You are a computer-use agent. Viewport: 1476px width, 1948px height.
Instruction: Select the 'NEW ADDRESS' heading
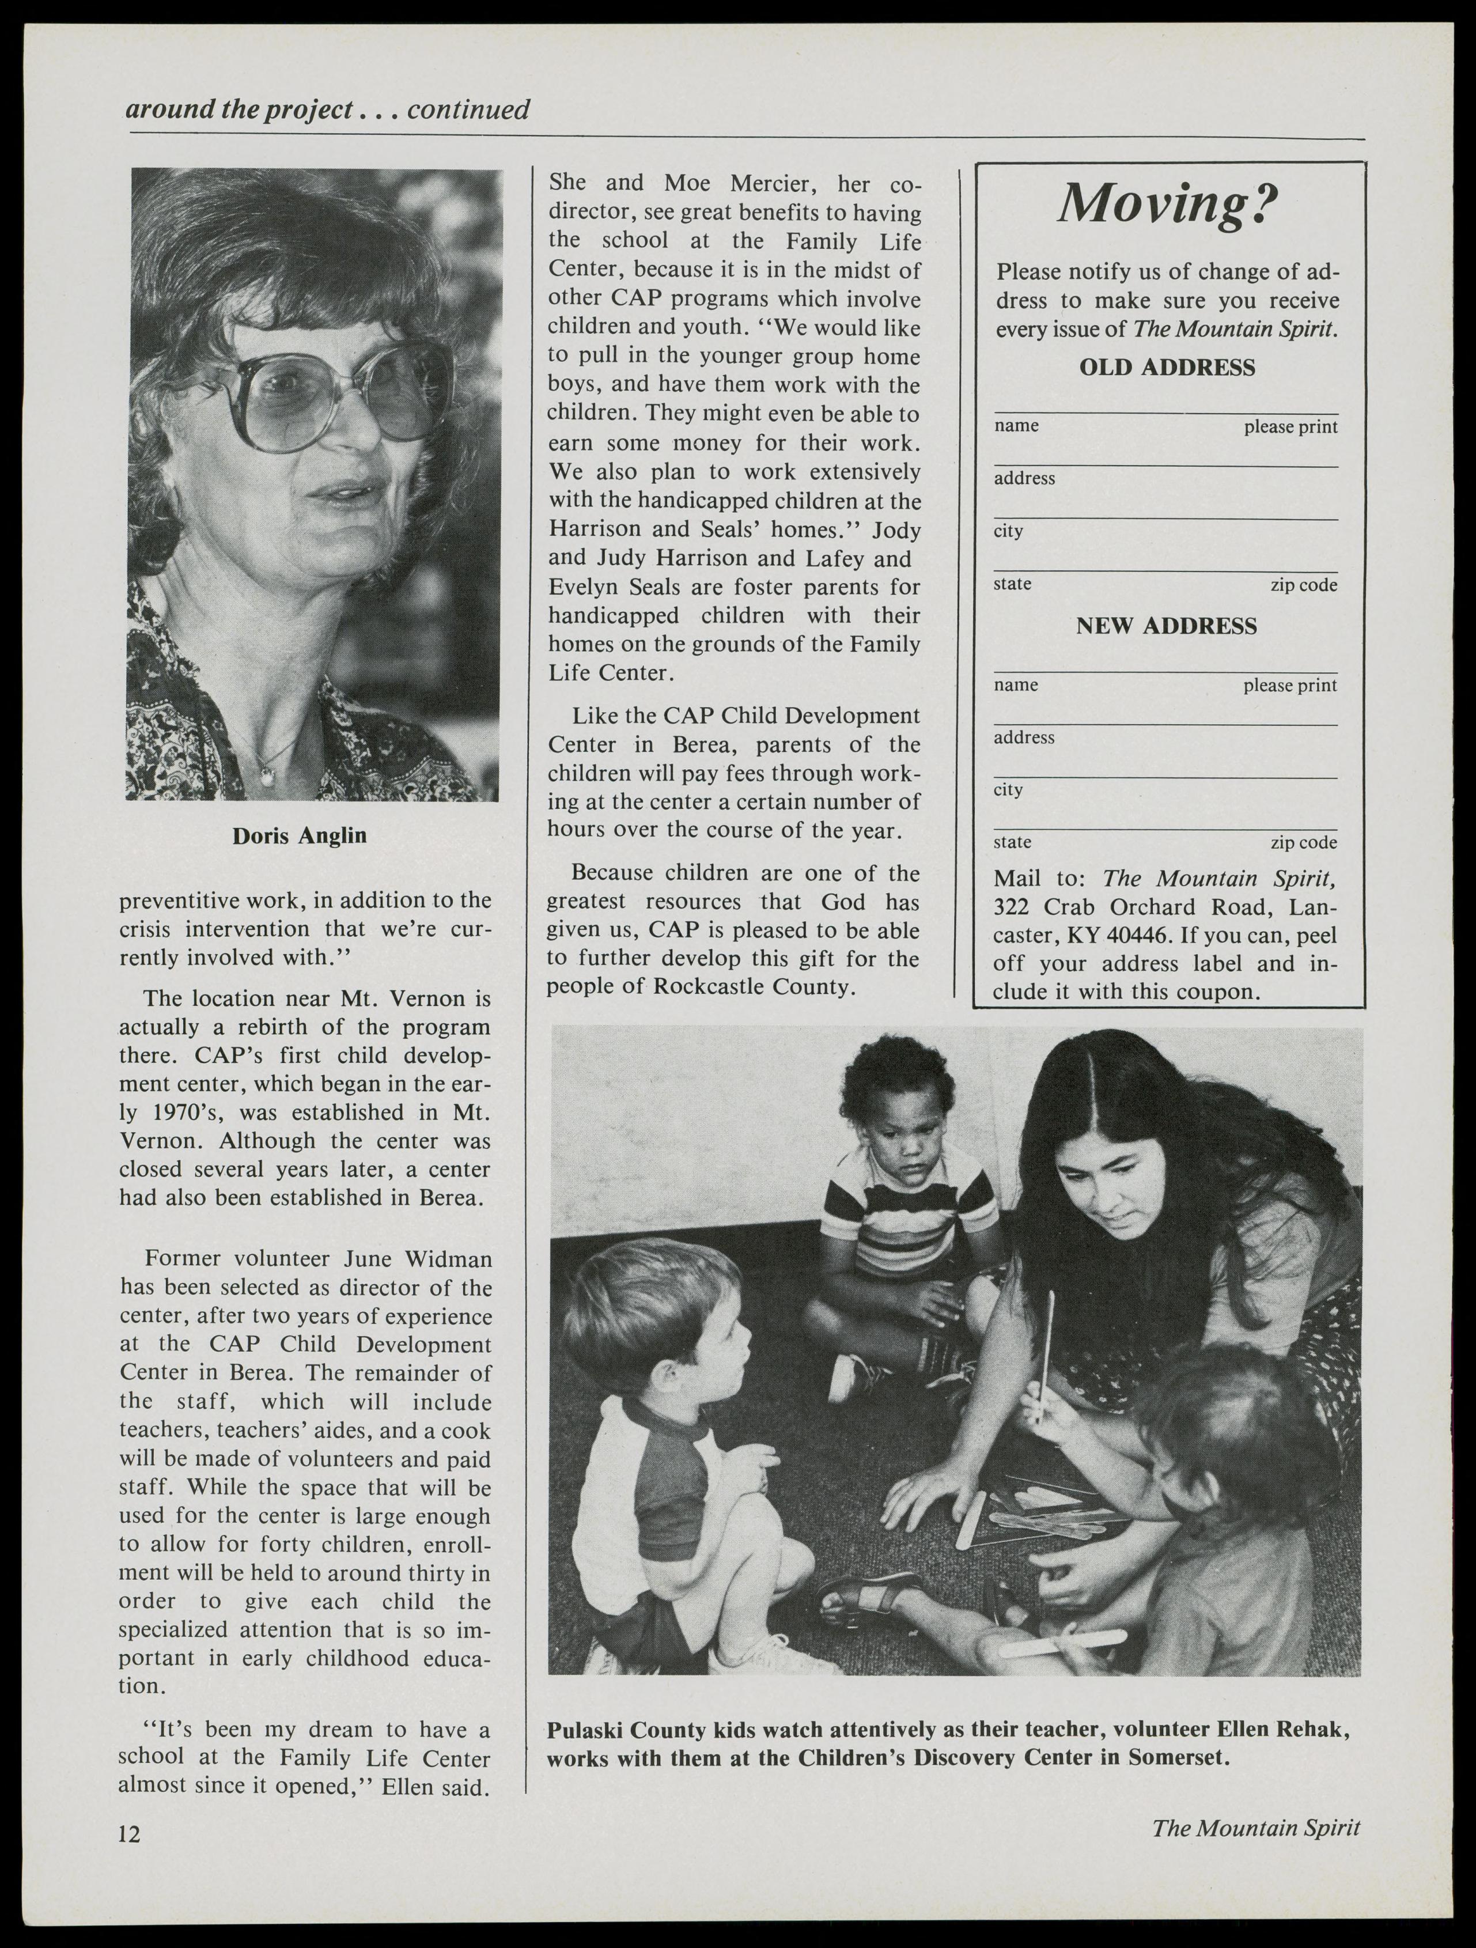click(1166, 626)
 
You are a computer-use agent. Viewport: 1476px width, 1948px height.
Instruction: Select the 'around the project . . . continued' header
click(328, 110)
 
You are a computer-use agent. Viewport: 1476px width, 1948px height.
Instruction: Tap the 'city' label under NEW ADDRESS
click(1008, 790)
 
